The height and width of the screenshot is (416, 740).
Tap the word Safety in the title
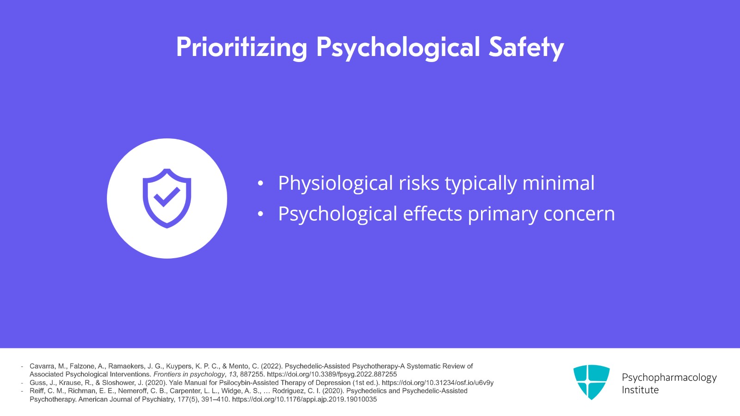pyautogui.click(x=526, y=48)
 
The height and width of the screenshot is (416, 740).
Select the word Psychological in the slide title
pyautogui.click(x=398, y=48)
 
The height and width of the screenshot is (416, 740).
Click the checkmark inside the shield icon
pyautogui.click(x=167, y=197)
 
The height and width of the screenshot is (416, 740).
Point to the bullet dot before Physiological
pyautogui.click(x=260, y=183)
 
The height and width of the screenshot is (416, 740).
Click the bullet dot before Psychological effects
pyautogui.click(x=260, y=214)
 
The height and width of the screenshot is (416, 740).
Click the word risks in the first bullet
pyautogui.click(x=419, y=183)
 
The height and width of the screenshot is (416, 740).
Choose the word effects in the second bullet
pyautogui.click(x=432, y=213)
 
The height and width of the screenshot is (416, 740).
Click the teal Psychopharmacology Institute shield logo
pyautogui.click(x=592, y=382)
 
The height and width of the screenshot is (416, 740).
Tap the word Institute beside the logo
pyautogui.click(x=640, y=390)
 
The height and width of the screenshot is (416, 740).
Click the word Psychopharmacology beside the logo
pyautogui.click(x=669, y=378)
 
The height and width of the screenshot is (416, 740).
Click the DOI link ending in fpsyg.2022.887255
pyautogui.click(x=332, y=374)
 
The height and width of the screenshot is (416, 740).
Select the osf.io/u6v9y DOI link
pyautogui.click(x=438, y=383)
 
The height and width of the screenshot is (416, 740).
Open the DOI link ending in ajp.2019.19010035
pyautogui.click(x=304, y=399)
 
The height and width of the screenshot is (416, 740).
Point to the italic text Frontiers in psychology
pyautogui.click(x=189, y=374)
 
